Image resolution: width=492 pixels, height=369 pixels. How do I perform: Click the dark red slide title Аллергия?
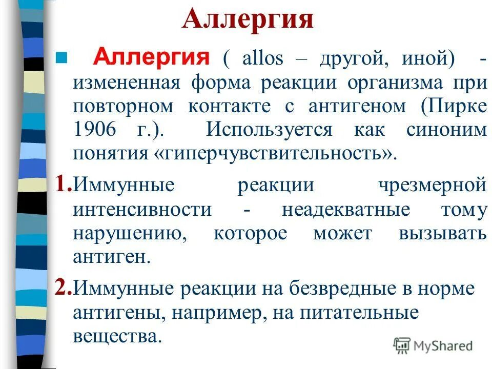[x=248, y=21]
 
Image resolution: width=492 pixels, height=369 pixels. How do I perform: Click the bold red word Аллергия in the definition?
[x=150, y=56]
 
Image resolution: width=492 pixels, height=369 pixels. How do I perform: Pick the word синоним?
[x=446, y=130]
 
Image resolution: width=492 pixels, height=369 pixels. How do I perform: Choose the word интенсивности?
[x=142, y=210]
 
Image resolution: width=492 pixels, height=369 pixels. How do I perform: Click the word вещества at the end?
[x=114, y=336]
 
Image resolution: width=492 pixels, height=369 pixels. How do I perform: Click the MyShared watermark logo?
[x=433, y=345]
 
